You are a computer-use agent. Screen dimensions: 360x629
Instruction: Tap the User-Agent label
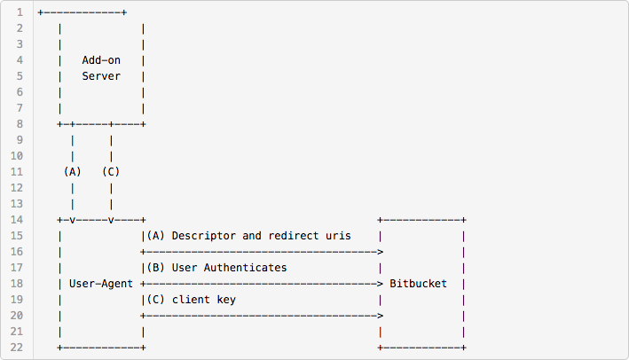(100, 284)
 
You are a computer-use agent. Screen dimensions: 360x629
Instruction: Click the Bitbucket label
(418, 284)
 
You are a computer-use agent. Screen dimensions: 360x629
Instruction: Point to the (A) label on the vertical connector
(72, 171)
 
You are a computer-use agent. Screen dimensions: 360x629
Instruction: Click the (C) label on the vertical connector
(110, 171)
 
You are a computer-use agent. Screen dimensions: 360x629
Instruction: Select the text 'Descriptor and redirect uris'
(261, 236)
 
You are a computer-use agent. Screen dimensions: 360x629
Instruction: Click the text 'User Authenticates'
(229, 267)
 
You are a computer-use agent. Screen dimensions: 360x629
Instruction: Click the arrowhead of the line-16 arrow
(380, 252)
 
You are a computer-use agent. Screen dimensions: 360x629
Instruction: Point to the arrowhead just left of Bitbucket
(380, 284)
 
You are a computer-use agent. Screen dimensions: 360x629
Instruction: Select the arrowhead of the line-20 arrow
(380, 316)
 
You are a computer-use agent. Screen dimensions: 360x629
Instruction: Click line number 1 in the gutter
(19, 13)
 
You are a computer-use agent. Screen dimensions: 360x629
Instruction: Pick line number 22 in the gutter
(16, 347)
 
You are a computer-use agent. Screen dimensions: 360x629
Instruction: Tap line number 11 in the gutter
(16, 171)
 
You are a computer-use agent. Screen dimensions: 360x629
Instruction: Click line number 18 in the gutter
(16, 284)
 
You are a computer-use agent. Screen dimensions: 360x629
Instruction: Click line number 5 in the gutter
(19, 76)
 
